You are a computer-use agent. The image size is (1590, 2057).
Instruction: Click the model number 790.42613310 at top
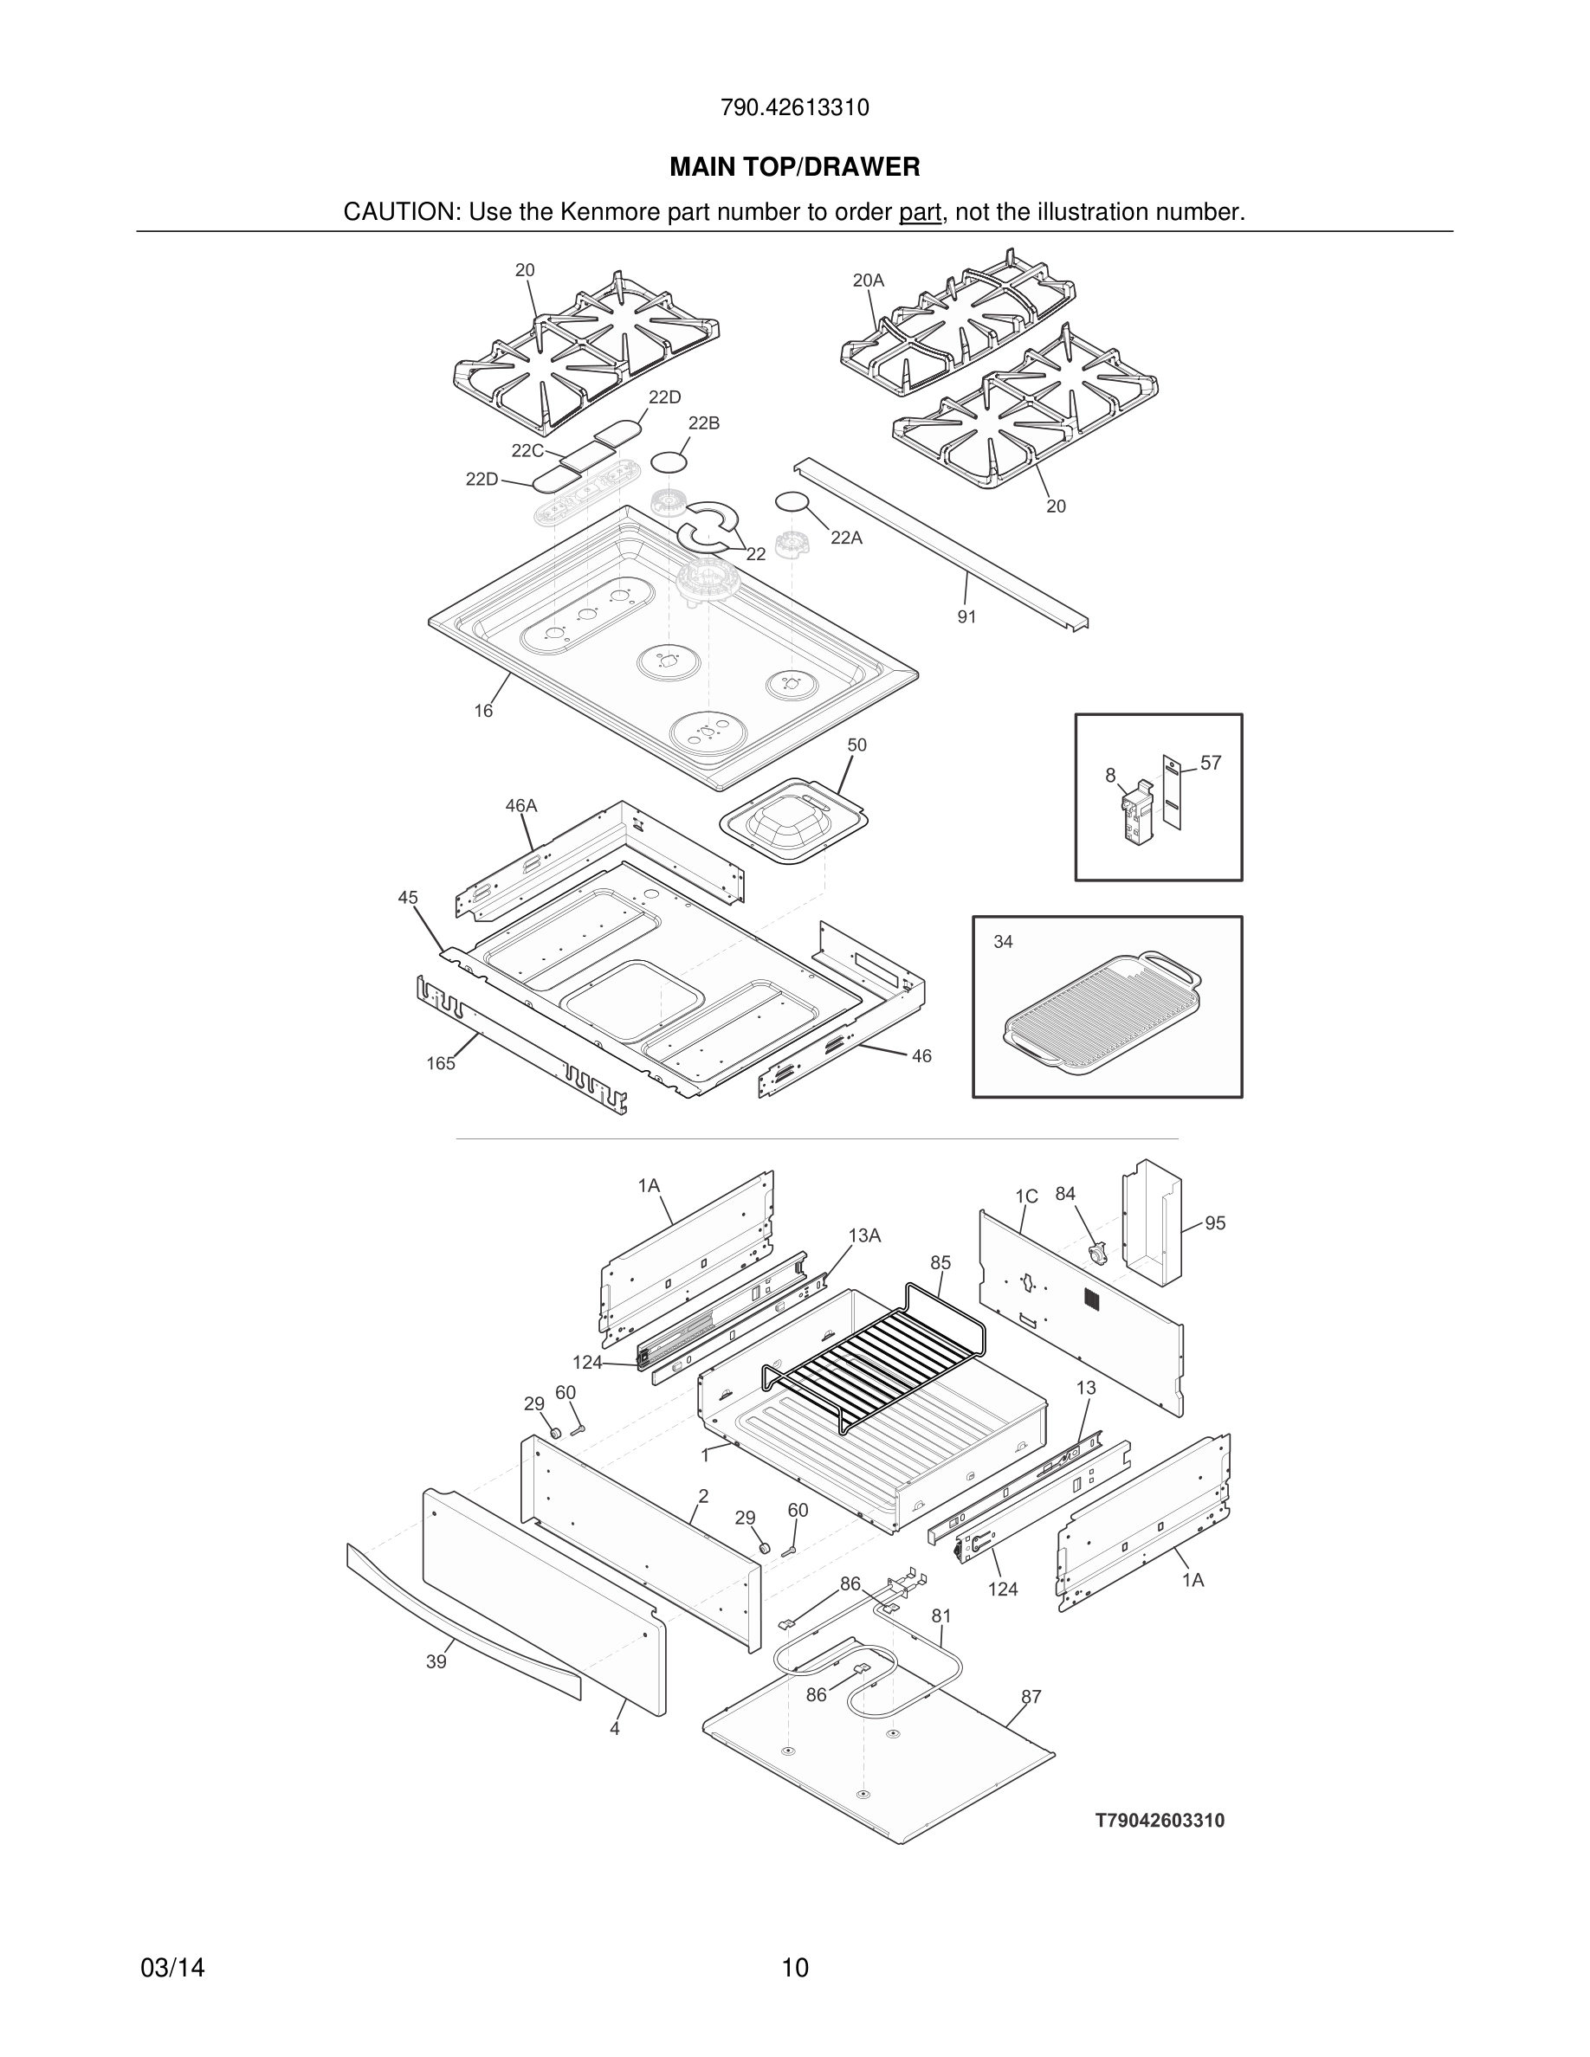click(x=794, y=108)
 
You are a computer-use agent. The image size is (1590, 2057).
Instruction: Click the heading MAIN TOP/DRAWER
click(x=794, y=167)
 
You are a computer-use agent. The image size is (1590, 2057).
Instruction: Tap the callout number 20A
click(x=868, y=280)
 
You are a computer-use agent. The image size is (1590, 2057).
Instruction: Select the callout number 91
click(x=966, y=617)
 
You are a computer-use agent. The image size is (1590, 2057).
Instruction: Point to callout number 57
click(x=1211, y=763)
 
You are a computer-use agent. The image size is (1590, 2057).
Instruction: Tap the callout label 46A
click(x=520, y=805)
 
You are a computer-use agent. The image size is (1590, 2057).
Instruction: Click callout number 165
click(x=440, y=1063)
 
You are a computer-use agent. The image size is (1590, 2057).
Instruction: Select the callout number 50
click(x=856, y=745)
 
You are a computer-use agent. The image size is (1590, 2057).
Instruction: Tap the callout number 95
click(x=1215, y=1223)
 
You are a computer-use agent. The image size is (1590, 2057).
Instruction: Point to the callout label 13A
click(x=863, y=1235)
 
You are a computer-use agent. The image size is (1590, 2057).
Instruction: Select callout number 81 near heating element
click(x=941, y=1616)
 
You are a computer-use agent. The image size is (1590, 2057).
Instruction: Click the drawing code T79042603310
click(x=1160, y=1821)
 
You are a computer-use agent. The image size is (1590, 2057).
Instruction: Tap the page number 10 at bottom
click(x=794, y=1968)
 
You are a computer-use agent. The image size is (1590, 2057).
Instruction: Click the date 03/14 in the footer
click(x=172, y=1968)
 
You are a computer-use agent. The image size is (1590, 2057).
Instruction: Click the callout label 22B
click(x=703, y=422)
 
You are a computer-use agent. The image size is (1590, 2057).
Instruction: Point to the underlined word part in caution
click(x=920, y=213)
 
